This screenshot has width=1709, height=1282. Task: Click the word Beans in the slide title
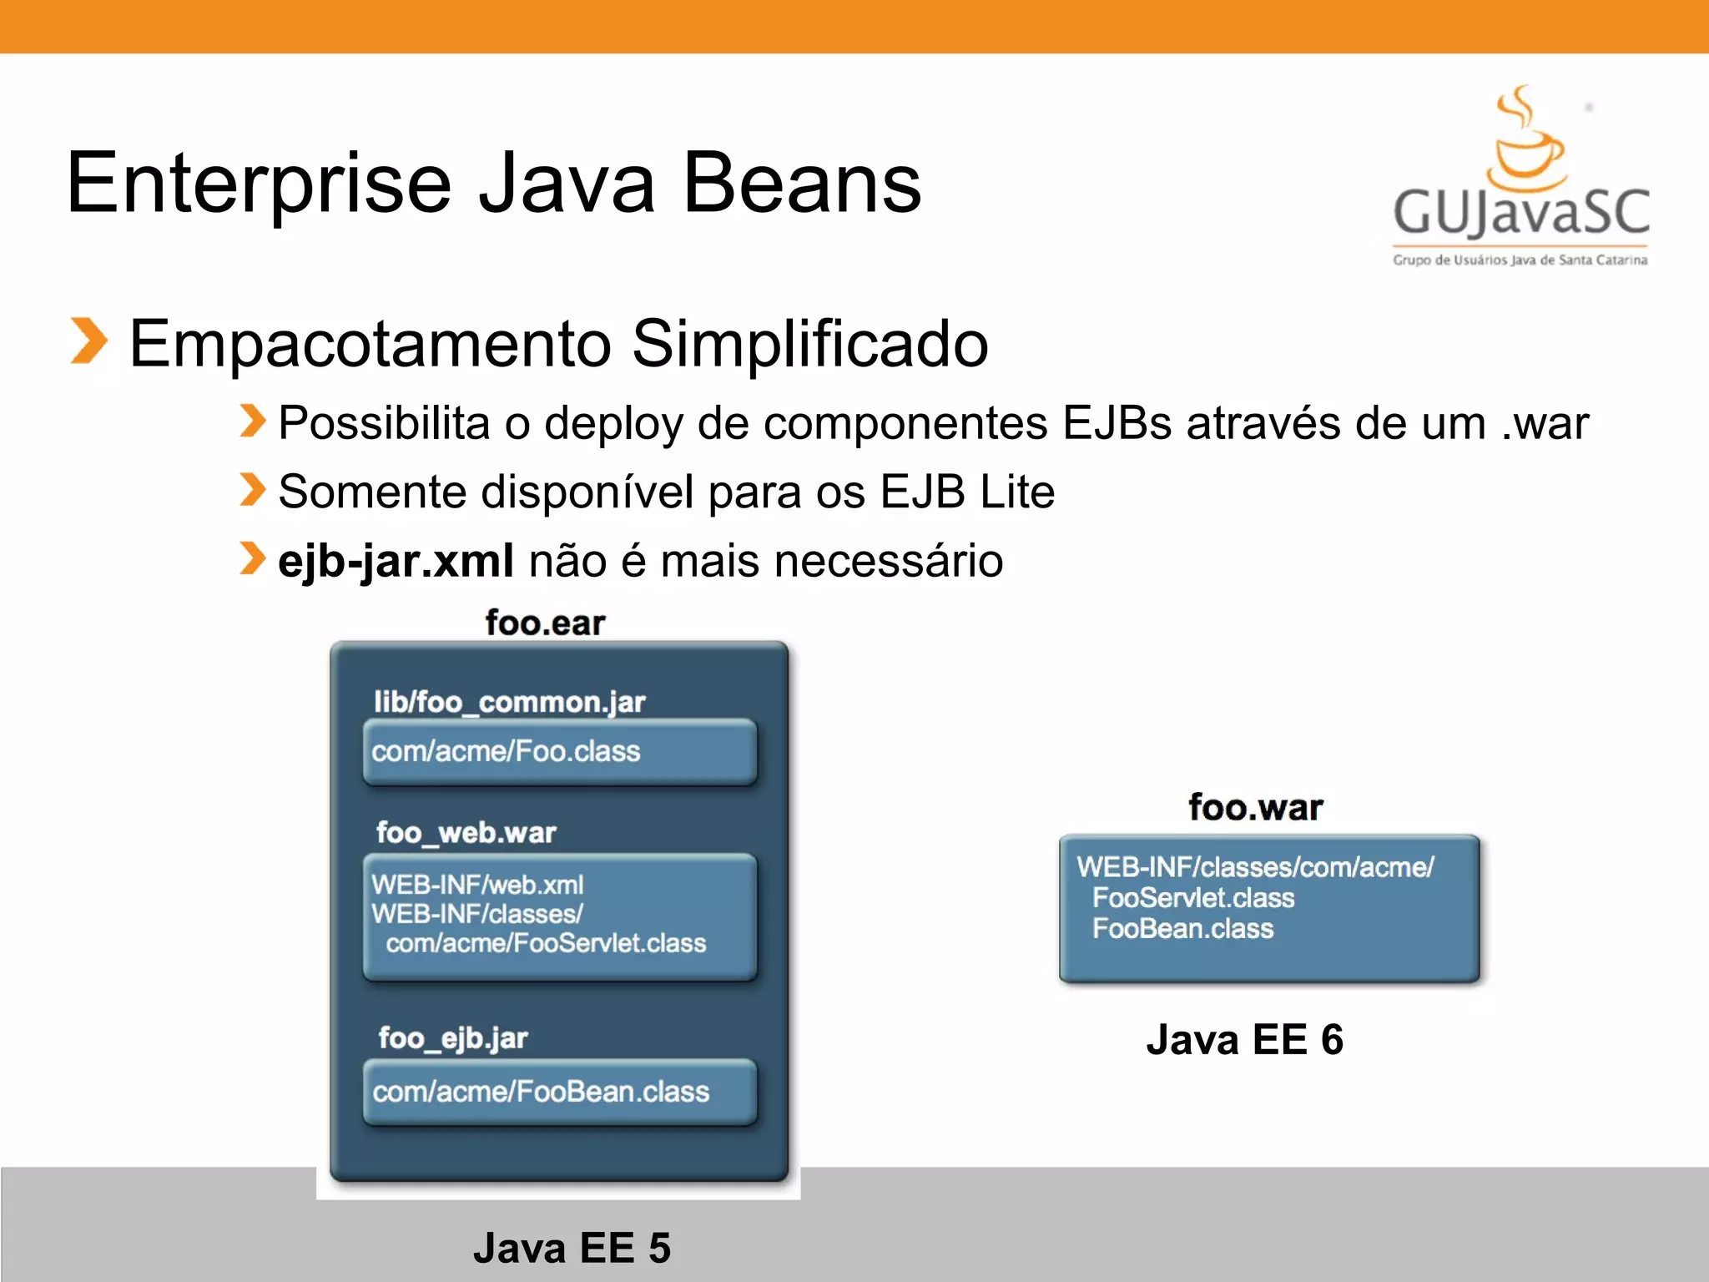point(802,184)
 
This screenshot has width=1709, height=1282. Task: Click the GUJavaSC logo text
point(1520,212)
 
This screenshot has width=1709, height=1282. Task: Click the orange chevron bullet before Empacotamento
point(88,341)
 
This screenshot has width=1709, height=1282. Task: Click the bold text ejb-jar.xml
point(396,561)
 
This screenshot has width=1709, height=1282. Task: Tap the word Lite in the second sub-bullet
point(1017,492)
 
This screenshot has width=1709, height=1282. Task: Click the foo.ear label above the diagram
point(545,623)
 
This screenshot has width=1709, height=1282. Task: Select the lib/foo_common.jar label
point(509,702)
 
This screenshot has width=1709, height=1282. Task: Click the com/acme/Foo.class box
point(559,751)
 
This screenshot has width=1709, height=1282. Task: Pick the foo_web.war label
point(466,832)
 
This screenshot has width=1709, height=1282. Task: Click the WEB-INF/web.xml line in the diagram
point(477,885)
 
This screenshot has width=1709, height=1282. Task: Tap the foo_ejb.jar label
point(453,1038)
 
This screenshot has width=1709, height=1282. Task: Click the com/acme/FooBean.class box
point(559,1092)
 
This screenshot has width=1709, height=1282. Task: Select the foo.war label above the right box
point(1255,808)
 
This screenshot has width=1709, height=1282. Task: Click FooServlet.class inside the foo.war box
point(1193,898)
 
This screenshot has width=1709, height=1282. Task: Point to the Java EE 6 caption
point(1244,1040)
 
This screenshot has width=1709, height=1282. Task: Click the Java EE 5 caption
point(572,1249)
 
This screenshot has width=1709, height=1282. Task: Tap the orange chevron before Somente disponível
point(252,490)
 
